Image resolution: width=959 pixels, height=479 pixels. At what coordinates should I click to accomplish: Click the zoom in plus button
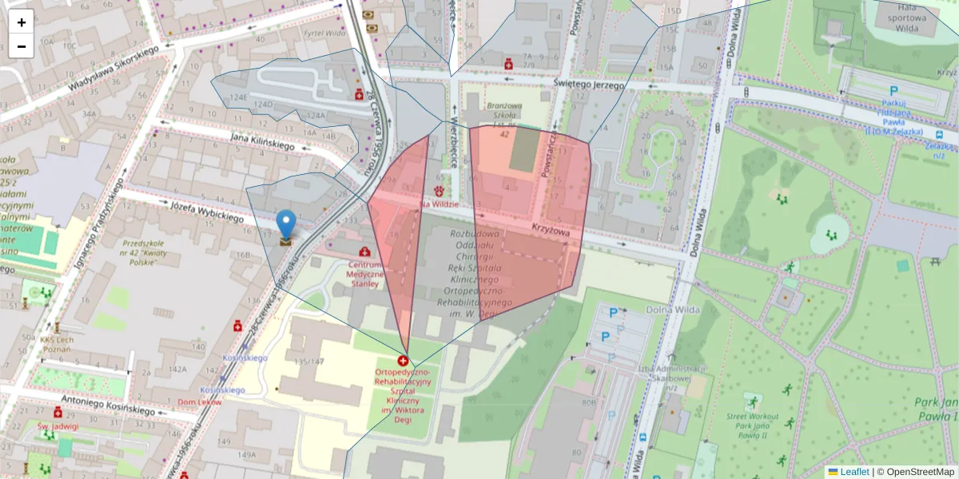[x=21, y=22]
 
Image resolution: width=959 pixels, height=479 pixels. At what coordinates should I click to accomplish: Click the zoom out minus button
[x=21, y=46]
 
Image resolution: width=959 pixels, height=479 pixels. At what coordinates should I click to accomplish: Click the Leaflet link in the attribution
[x=854, y=472]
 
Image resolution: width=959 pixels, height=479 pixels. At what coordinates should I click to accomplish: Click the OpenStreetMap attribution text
[x=919, y=472]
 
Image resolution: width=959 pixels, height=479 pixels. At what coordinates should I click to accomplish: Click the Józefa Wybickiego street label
[x=206, y=212]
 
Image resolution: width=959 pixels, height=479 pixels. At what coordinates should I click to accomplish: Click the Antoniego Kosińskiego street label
[x=109, y=405]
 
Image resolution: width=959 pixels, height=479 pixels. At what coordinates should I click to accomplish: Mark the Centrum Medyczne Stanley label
[x=364, y=274]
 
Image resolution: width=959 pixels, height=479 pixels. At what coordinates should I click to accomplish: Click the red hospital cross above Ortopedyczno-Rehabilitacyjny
[x=403, y=361]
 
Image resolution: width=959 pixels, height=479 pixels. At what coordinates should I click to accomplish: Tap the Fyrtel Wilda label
[x=324, y=34]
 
